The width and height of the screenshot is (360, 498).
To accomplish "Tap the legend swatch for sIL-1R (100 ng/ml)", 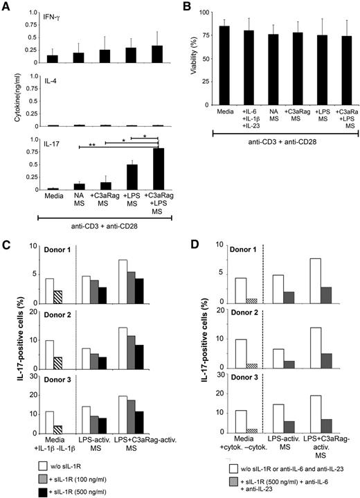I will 26,470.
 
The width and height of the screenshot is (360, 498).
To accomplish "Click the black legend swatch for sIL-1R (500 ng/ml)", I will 26,483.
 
